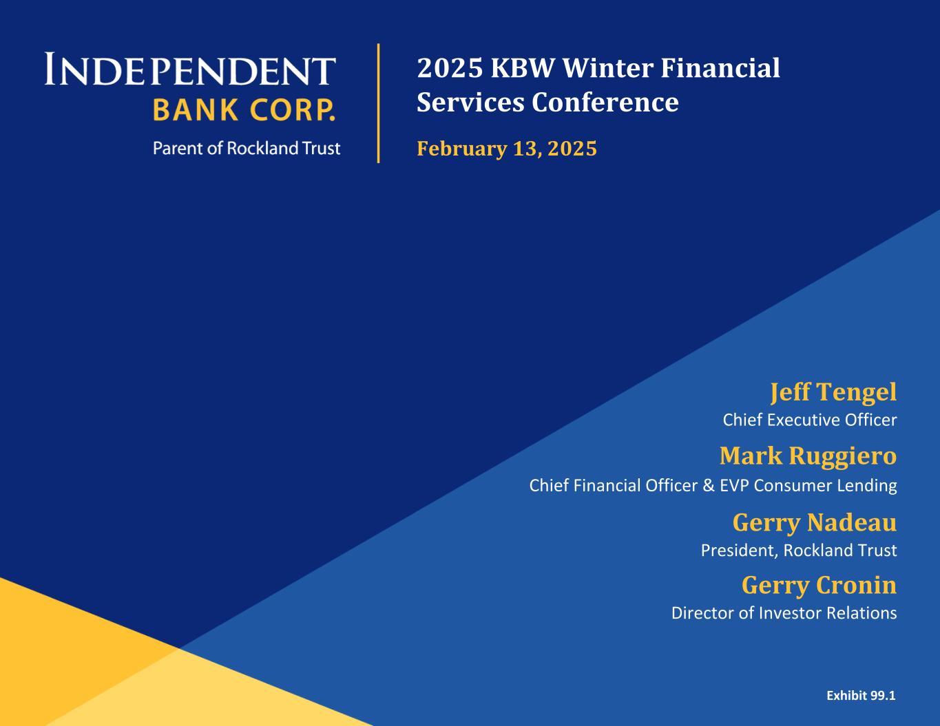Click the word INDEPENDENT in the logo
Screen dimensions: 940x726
tap(190, 69)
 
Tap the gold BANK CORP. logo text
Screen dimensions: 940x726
tap(244, 110)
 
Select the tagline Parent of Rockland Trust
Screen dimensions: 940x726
tap(247, 149)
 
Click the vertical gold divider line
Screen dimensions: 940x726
tap(379, 103)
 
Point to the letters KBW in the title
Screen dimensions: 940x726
tap(522, 68)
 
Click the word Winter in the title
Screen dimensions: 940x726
tap(607, 68)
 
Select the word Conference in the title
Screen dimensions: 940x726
tap(605, 103)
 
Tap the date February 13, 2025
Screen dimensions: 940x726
tap(507, 149)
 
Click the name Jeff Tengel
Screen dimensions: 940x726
tap(833, 392)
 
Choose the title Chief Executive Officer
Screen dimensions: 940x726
tap(809, 420)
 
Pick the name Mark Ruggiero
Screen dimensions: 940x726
tap(808, 457)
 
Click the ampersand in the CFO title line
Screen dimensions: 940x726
tap(709, 485)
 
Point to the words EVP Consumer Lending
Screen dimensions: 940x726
tap(808, 486)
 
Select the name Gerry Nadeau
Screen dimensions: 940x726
tap(815, 522)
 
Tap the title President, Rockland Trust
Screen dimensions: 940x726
tap(799, 551)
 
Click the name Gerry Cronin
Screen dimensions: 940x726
tap(819, 586)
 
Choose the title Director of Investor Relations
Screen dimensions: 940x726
tap(784, 613)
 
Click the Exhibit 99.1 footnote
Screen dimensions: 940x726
tap(861, 696)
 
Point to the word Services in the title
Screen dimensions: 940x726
tap(470, 103)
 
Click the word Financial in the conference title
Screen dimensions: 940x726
tap(720, 68)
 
